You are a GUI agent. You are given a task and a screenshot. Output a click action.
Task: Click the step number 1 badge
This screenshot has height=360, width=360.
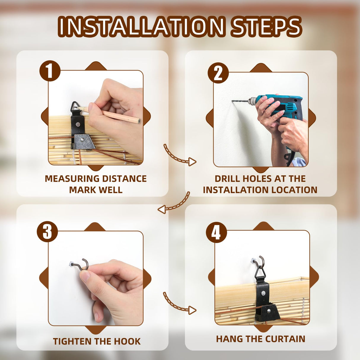coord(50,71)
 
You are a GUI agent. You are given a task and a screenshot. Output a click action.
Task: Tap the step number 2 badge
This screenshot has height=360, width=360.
coord(218,73)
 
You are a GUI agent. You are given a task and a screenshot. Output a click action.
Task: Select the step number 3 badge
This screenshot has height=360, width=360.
coord(47,232)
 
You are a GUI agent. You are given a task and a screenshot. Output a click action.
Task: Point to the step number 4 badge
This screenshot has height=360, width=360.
coord(216,232)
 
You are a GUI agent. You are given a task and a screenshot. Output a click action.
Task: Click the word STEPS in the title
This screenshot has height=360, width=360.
coord(266,27)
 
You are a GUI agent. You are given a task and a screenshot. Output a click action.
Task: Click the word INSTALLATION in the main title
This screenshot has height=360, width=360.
coord(141,27)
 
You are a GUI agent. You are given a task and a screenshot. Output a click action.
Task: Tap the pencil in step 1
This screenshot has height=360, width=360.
coord(108,114)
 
